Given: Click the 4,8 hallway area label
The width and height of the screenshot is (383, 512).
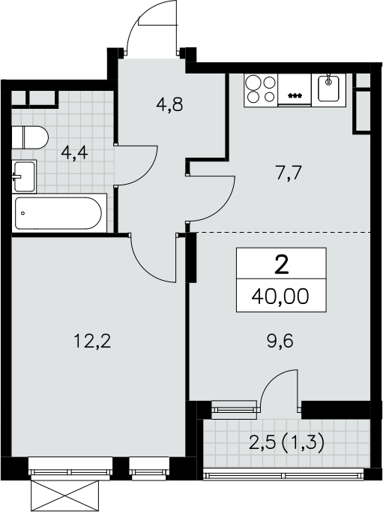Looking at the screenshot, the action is tap(169, 105).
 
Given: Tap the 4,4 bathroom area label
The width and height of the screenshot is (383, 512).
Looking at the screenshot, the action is tap(74, 152).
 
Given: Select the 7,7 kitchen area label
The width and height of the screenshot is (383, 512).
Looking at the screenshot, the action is tap(290, 173).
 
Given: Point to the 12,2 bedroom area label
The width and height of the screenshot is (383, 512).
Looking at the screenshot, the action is tap(93, 342).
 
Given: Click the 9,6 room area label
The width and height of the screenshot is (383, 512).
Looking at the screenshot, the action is tap(280, 342).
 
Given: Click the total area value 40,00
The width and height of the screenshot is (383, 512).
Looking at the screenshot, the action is tap(280, 297).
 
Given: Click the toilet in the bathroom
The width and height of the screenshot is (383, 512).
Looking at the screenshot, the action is tap(30, 137).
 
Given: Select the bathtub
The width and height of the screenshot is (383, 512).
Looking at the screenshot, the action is tap(59, 213).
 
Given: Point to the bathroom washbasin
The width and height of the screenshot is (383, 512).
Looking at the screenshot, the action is tap(24, 176).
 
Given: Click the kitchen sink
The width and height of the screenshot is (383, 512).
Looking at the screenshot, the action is tap(328, 88).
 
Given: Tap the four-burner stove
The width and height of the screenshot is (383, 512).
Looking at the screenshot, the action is tap(261, 89).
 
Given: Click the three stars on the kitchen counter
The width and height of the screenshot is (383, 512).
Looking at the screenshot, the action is tap(295, 95).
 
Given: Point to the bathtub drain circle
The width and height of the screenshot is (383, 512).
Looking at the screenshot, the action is tap(22, 213).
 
